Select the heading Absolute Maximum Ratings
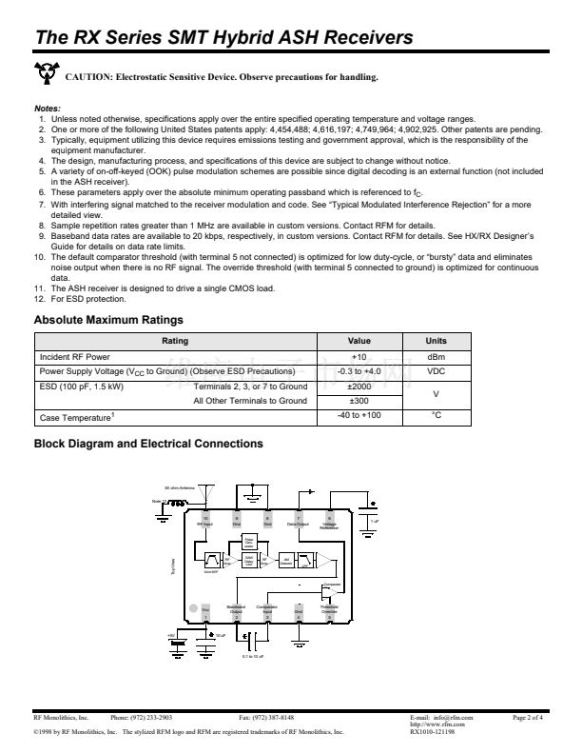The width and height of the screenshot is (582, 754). pos(108,320)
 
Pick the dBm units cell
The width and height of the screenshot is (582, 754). pos(436,356)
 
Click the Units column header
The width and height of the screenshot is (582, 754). pos(436,340)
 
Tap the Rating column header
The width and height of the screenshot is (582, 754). pos(175,340)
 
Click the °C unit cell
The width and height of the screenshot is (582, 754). pos(436,416)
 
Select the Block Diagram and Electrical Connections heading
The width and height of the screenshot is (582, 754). pos(148,444)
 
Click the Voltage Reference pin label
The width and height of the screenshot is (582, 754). pos(329,525)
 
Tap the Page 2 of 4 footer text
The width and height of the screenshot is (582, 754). pos(527,716)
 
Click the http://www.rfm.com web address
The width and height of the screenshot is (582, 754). pos(431,724)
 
